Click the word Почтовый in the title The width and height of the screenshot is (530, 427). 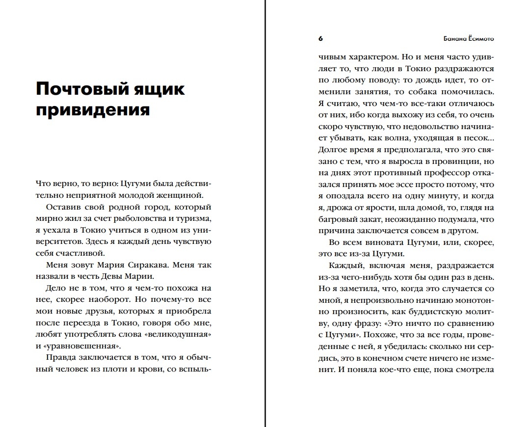(76, 89)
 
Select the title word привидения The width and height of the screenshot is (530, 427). (93, 110)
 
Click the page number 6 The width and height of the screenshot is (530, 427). (320, 38)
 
